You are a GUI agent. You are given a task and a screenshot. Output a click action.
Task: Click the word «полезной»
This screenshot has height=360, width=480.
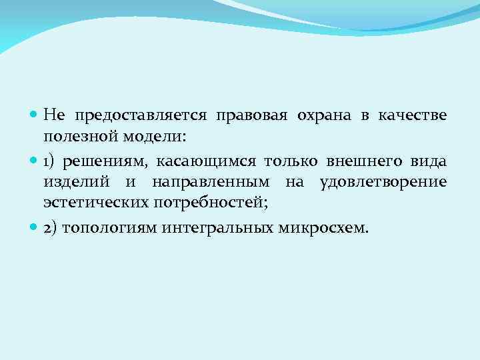pos(79,137)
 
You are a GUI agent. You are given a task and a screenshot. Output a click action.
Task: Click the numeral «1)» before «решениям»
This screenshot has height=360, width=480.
pos(51,162)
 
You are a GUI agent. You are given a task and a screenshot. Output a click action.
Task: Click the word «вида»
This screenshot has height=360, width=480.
pos(427,162)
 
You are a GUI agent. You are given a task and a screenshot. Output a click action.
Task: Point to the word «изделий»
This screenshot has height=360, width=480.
pos(70,181)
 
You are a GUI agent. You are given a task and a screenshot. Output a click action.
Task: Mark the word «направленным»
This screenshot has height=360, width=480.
pos(211,181)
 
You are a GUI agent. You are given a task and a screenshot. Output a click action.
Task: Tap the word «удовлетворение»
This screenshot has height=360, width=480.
pos(383,181)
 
